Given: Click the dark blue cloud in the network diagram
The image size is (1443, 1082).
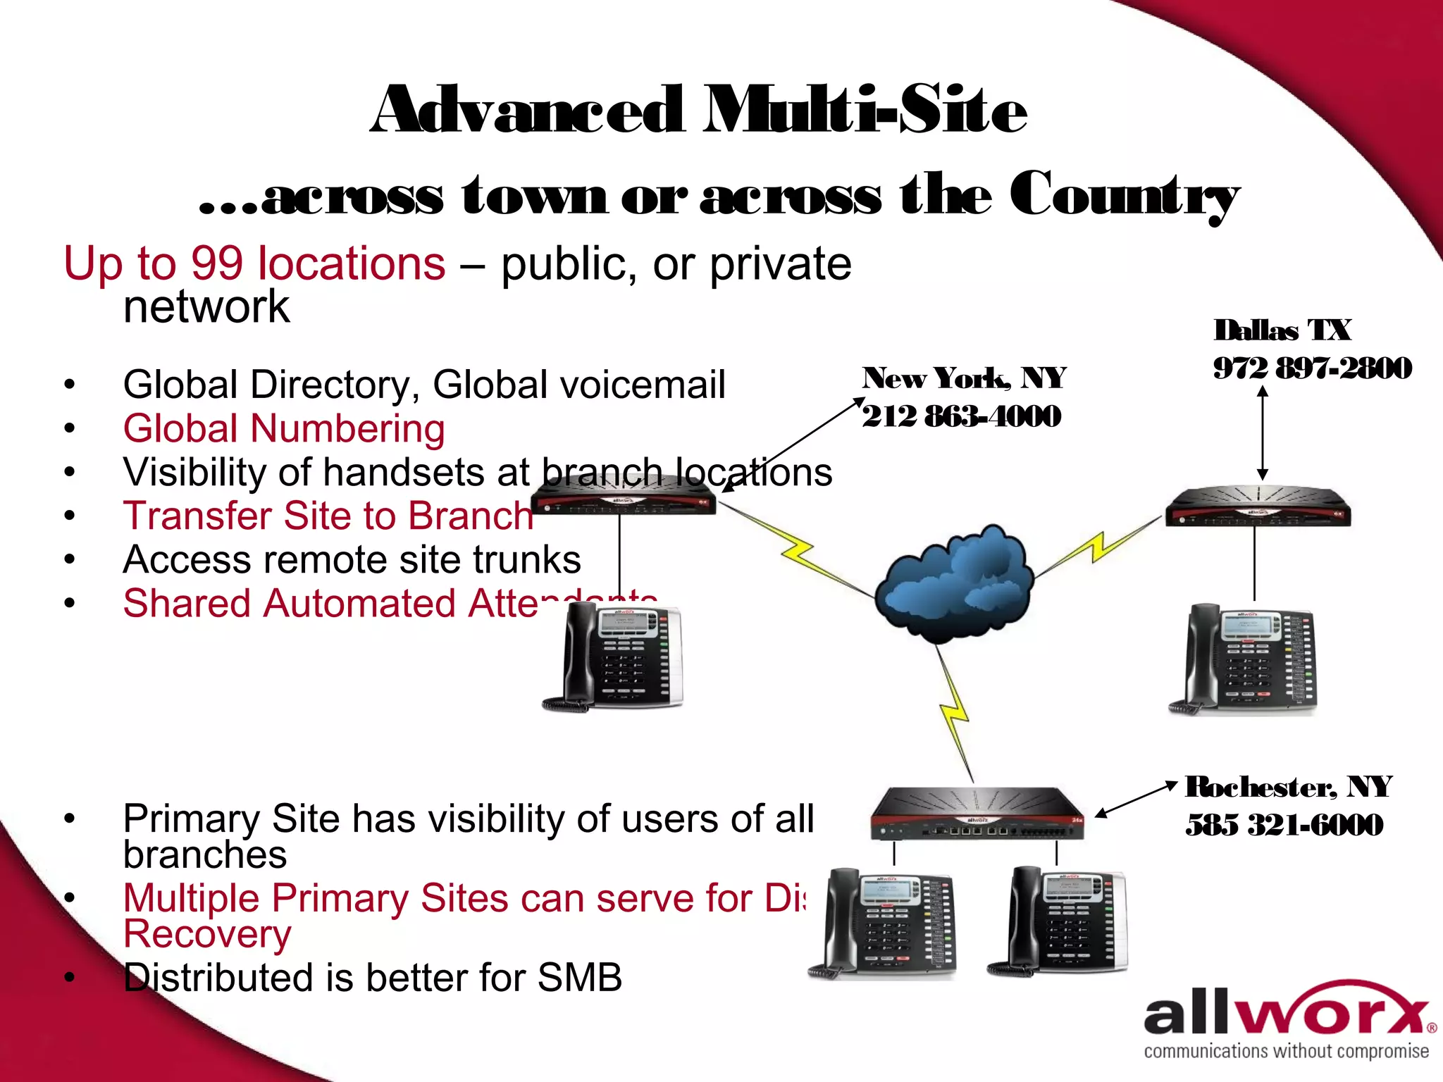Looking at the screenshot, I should [953, 585].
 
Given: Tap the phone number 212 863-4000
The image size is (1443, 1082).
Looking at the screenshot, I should [961, 416].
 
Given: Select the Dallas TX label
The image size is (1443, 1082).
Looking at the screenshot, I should [1282, 330].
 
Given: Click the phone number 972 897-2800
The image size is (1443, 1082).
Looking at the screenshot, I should [1312, 368].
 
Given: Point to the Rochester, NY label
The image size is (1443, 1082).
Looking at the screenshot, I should [1288, 787].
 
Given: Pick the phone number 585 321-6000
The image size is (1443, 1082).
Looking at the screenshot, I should [1284, 825].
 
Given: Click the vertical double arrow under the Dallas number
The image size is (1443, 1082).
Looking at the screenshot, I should [1263, 433].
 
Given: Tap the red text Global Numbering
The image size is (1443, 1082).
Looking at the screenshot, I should [284, 428].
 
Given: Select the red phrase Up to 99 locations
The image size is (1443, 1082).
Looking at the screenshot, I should [254, 263].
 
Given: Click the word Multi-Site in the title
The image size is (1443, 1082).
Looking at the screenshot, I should [865, 110].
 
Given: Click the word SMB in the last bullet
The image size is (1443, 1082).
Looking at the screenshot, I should [579, 978].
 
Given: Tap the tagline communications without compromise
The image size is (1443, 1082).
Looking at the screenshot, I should [1286, 1051].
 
